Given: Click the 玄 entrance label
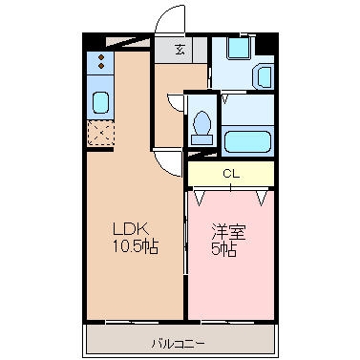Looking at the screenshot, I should (180, 51).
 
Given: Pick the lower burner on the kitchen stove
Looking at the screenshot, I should (100, 71).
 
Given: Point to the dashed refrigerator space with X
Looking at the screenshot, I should (100, 132).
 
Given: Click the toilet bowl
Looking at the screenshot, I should (201, 123).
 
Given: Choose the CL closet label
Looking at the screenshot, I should (230, 174).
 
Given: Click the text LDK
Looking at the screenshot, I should (130, 229).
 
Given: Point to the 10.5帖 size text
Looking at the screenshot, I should (136, 246).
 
